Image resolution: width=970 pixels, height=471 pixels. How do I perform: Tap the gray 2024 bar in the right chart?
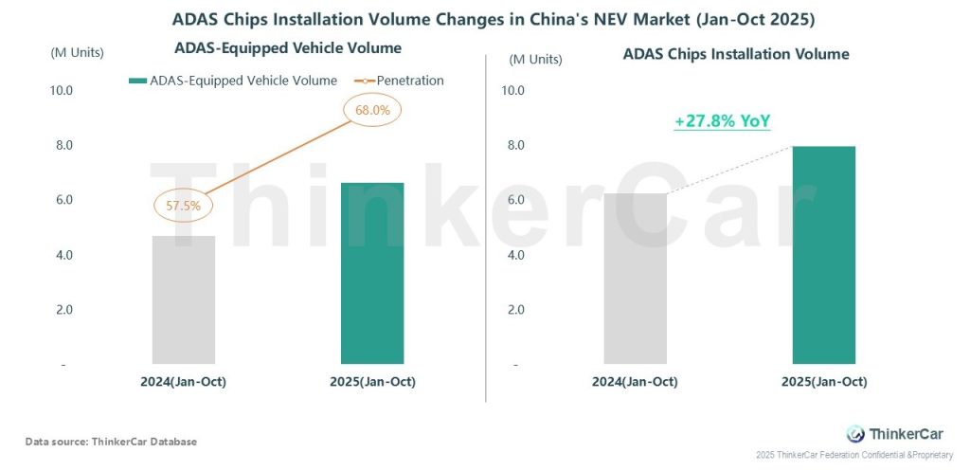[x=635, y=279]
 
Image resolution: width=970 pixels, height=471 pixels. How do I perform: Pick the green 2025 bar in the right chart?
[x=823, y=255]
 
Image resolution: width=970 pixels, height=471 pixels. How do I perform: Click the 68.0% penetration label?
[x=372, y=110]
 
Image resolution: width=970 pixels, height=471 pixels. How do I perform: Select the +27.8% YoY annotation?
[x=722, y=121]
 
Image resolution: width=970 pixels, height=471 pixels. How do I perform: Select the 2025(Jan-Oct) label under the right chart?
[x=823, y=382]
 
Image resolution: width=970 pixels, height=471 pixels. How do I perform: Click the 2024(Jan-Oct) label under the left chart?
[x=184, y=382]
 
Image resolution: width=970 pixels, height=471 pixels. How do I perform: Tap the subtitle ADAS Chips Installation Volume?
[x=735, y=54]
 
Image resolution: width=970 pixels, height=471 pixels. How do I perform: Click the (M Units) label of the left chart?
[x=77, y=52]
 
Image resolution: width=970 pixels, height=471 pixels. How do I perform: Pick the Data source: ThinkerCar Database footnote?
[x=111, y=442]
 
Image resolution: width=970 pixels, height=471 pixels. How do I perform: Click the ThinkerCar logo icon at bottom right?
[x=854, y=433]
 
